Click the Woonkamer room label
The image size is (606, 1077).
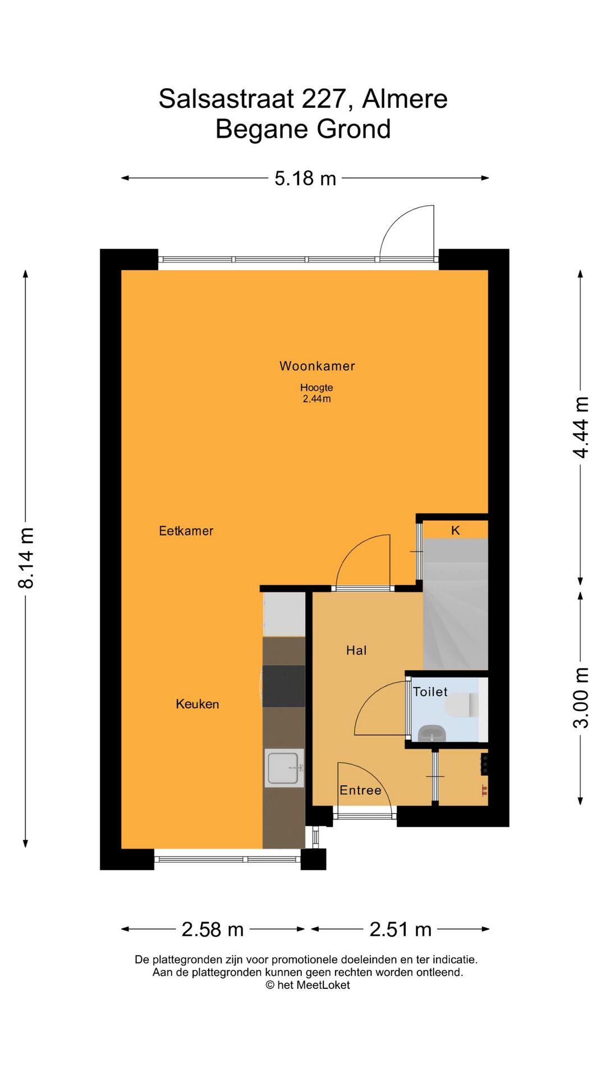[317, 366]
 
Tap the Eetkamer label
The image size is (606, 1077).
[186, 531]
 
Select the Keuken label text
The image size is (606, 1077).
[198, 704]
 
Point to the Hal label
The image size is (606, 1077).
[356, 650]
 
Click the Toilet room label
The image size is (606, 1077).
[430, 692]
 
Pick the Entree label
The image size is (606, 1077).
[360, 790]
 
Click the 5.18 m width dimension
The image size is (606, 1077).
[305, 178]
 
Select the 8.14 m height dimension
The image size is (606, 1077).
[26, 558]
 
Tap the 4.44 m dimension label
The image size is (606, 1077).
[581, 427]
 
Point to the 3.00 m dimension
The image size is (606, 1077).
[581, 698]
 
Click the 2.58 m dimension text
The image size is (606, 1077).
[213, 929]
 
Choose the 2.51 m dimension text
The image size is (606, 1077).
[401, 929]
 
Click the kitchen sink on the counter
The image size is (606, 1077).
[284, 768]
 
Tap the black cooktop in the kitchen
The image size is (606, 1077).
[283, 686]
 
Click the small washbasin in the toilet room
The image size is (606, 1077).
[432, 733]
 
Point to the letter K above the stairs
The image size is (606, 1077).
[456, 530]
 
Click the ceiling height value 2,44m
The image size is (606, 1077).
[316, 399]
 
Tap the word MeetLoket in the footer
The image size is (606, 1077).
[323, 984]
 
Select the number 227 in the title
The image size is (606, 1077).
[324, 99]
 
